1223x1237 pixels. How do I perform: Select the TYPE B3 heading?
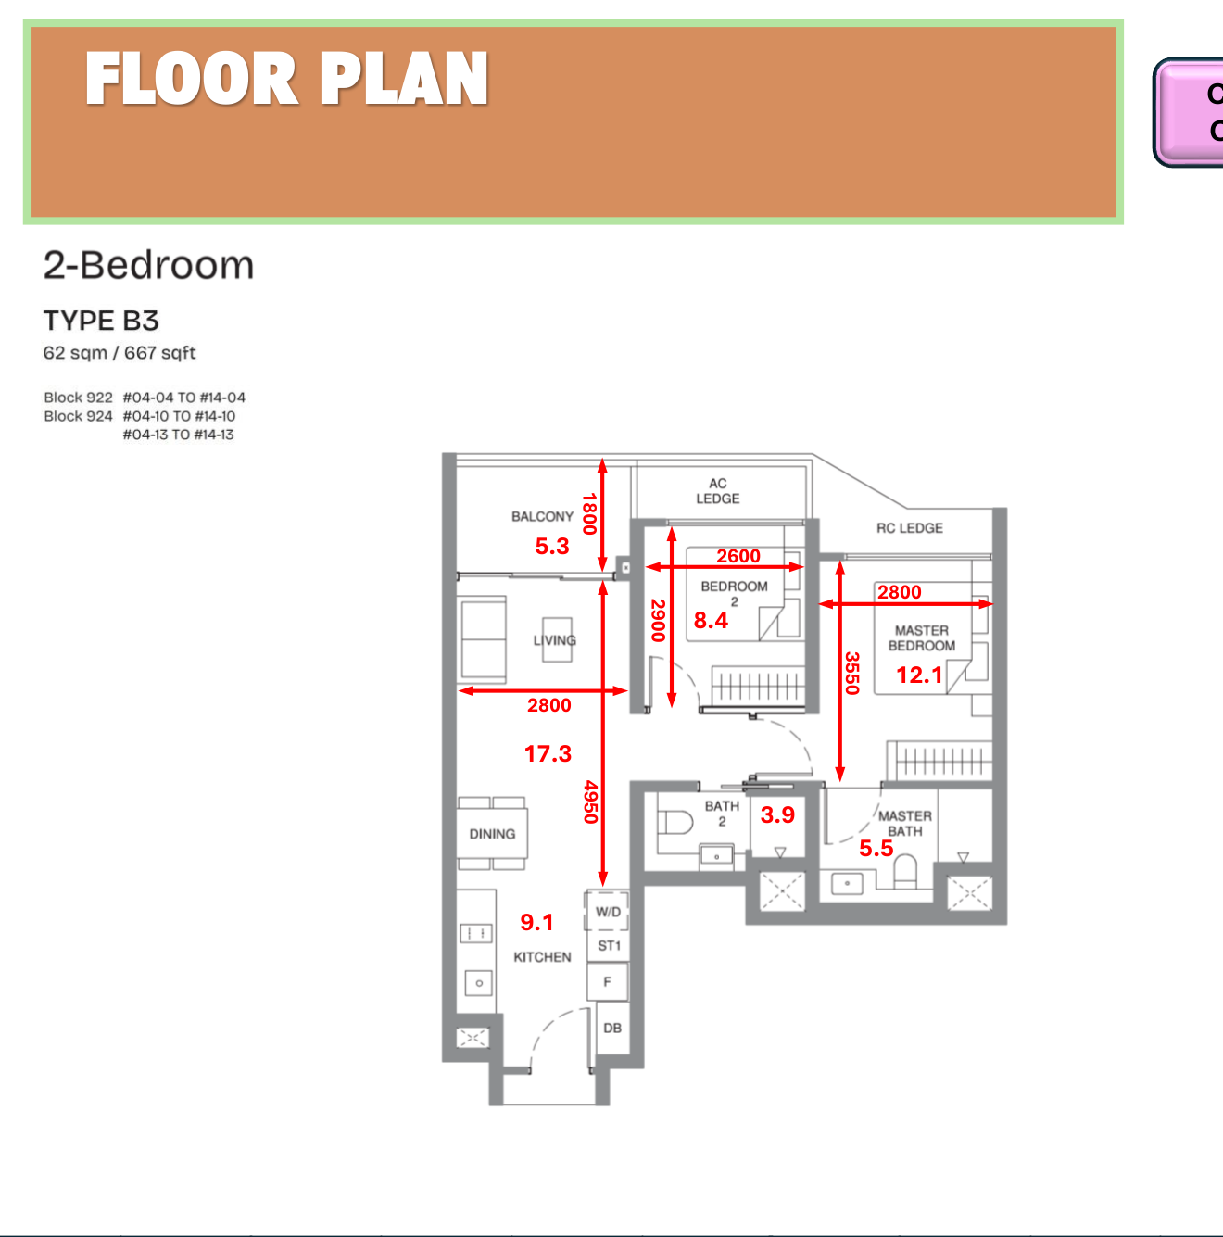(101, 321)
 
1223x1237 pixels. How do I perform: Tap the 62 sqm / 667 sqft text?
(120, 353)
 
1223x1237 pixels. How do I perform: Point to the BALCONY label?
(542, 516)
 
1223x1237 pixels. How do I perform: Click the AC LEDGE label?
(718, 491)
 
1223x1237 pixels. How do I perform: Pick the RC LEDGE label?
(909, 528)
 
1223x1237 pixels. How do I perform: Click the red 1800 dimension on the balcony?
(589, 513)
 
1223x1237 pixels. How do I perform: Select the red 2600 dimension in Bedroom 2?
(738, 556)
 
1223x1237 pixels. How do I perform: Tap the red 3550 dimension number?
(852, 673)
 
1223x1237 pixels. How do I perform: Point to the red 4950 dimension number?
(590, 802)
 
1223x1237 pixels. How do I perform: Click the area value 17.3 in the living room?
(548, 753)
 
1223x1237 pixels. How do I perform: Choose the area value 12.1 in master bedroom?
(919, 675)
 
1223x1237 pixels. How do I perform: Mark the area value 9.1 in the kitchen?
(536, 922)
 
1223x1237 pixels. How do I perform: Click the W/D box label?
(608, 912)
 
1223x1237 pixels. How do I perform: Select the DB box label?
(612, 1028)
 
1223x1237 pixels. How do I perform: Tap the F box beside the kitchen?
(608, 981)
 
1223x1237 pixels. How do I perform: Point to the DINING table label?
(492, 834)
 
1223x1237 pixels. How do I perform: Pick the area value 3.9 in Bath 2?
(777, 814)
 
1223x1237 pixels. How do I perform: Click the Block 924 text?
(78, 416)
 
